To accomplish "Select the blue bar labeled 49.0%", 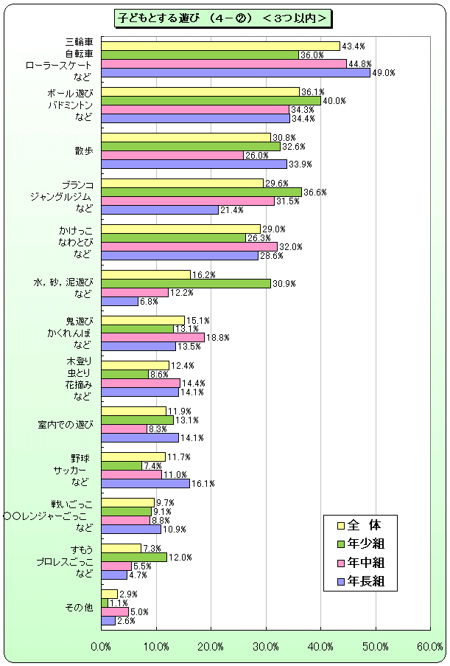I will coord(235,72).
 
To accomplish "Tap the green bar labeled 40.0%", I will coord(211,100).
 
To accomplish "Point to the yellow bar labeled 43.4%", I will coord(220,46).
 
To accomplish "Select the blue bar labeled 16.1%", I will coord(145,484).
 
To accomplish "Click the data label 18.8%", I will coord(219,338).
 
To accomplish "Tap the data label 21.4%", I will coord(233,210).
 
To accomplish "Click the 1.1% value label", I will coord(119,603).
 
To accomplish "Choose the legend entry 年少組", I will coord(366,544).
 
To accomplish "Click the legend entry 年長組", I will coord(366,581).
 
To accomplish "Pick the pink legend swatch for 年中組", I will coord(340,563).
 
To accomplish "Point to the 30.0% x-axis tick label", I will coord(266,647).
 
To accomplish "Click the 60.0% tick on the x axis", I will coord(430,647).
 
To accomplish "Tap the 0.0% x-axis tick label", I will coord(101,647).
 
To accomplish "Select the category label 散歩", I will coord(83,150).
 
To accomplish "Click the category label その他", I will coord(79,607).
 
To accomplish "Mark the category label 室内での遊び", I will coord(66,425).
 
